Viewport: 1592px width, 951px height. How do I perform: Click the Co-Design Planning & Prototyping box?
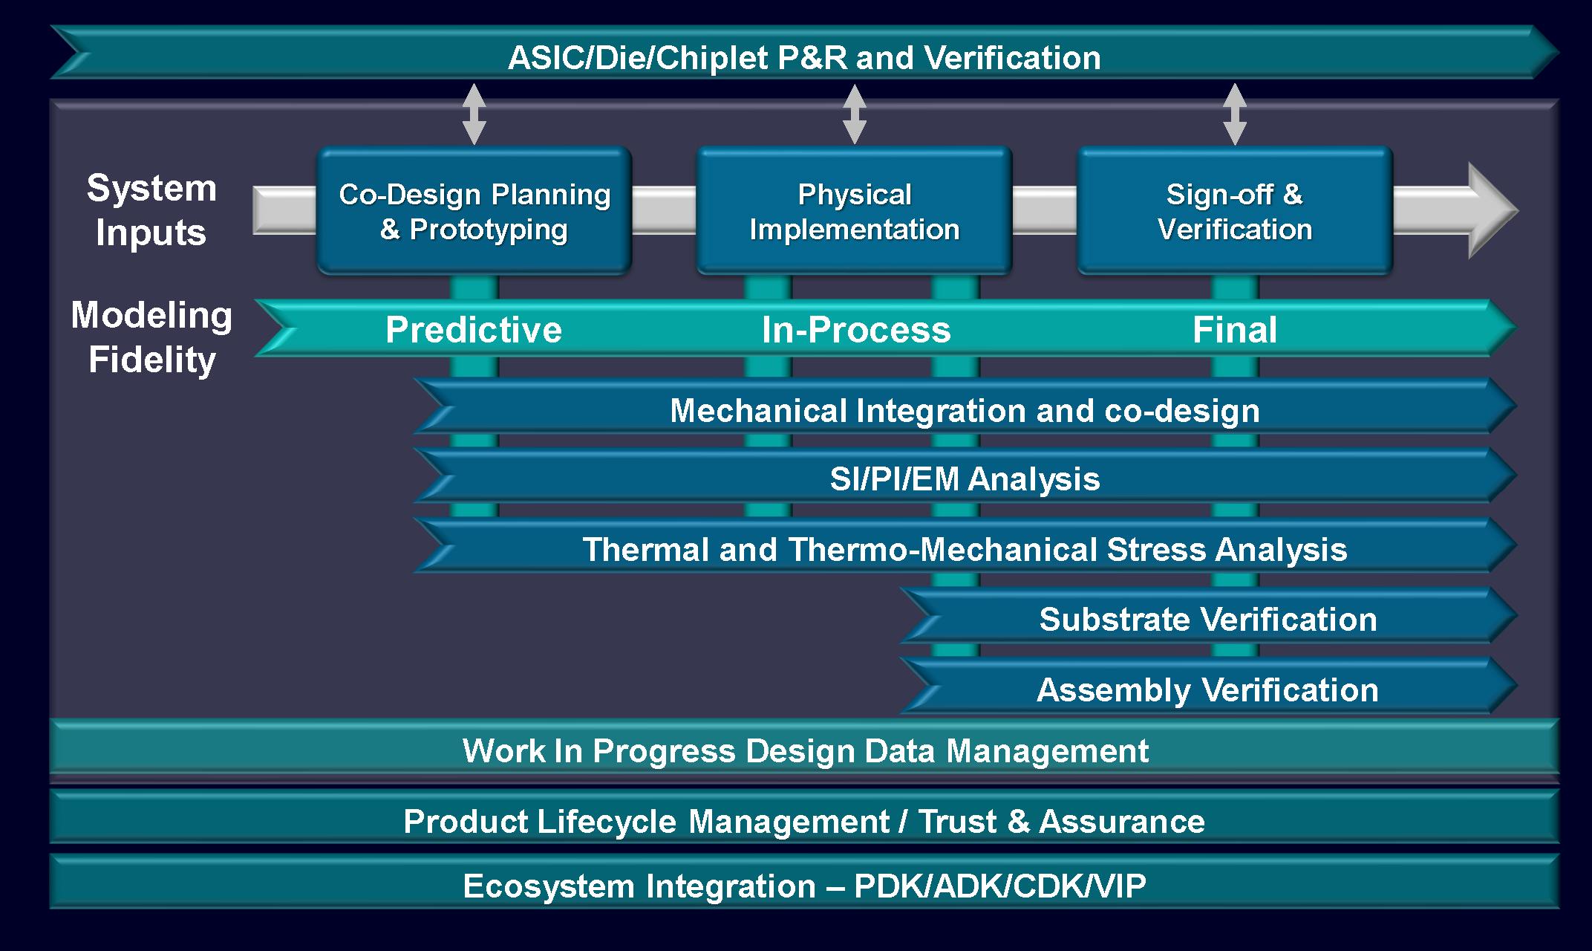474,211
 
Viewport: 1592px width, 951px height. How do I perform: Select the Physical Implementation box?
854,211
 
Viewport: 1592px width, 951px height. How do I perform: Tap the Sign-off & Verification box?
1234,211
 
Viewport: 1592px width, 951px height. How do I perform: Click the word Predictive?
474,330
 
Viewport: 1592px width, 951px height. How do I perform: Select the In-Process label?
855,330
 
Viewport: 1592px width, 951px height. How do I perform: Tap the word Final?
1234,330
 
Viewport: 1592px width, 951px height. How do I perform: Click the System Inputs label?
151,210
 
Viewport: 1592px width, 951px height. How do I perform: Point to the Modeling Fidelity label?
151,337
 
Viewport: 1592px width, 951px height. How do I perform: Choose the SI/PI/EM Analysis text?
965,478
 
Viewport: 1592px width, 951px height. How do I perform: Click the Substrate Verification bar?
1207,619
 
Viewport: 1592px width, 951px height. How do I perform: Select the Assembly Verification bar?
1207,689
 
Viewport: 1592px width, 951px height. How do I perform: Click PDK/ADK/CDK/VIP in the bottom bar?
999,886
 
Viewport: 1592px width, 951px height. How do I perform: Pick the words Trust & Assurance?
1061,821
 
